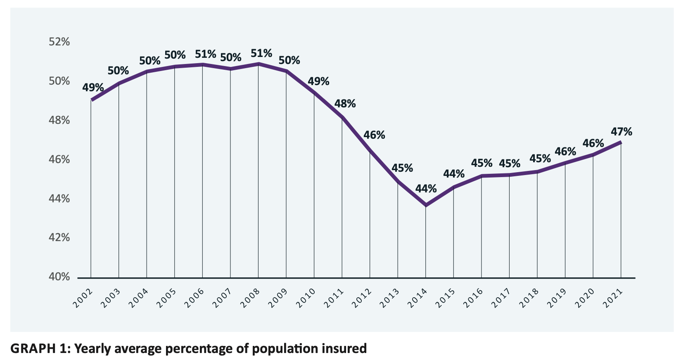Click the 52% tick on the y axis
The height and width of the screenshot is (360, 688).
pos(59,42)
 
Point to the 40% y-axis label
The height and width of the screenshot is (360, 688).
pos(59,277)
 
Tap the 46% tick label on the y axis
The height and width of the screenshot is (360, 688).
pos(59,159)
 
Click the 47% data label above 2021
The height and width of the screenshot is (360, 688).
pos(622,132)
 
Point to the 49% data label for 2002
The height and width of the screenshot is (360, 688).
pos(93,88)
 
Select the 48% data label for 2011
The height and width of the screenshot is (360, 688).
pos(345,104)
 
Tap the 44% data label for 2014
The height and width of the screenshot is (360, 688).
pos(426,189)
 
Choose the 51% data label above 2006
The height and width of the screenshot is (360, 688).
pos(205,54)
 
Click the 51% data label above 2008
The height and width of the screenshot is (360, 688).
pos(261,53)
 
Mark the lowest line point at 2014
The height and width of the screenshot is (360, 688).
pos(426,205)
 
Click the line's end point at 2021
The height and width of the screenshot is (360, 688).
pos(621,142)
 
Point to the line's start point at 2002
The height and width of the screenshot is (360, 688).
pos(91,100)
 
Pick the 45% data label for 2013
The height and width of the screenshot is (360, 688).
pos(402,168)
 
